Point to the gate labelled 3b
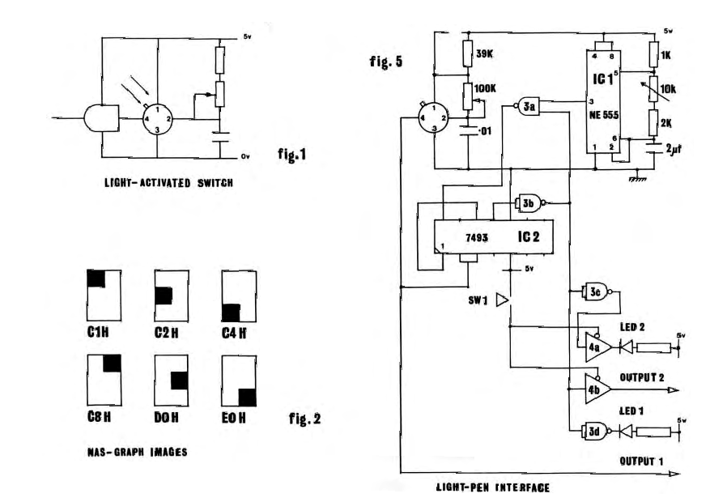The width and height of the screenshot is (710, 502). point(526,205)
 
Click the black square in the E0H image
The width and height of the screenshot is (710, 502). point(246,398)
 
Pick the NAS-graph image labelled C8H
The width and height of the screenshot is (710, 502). point(103,381)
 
